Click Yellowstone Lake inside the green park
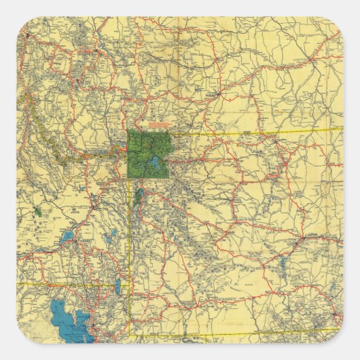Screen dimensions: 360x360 156,163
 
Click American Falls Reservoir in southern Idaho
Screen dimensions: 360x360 68,237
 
